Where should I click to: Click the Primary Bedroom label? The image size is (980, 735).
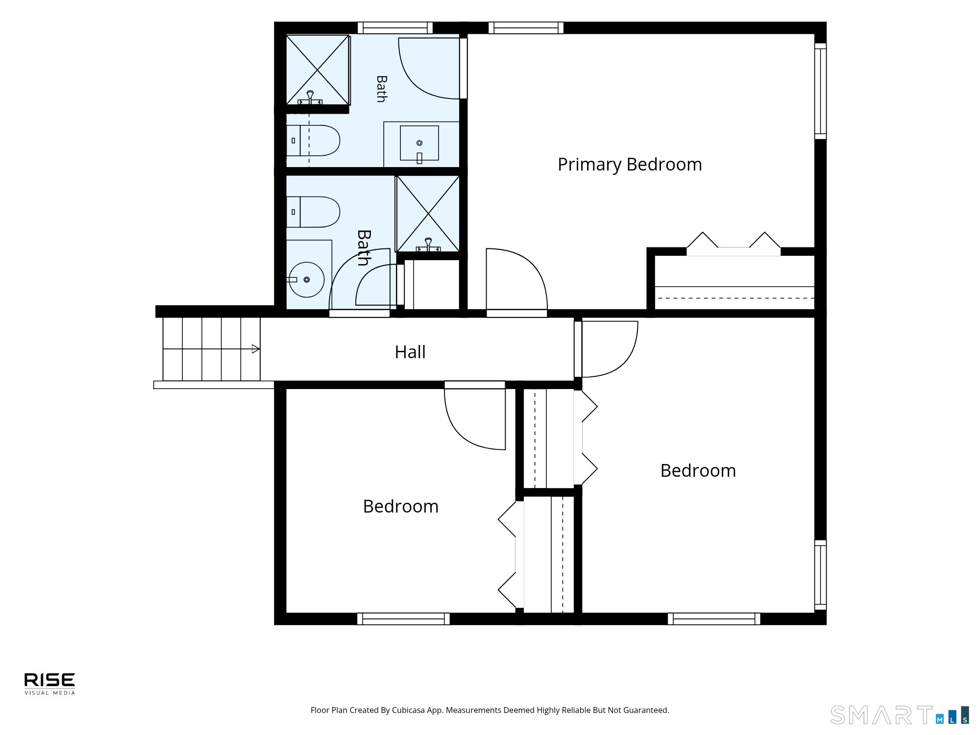point(630,165)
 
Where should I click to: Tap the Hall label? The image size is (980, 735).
point(410,352)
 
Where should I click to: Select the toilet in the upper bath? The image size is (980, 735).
point(313,141)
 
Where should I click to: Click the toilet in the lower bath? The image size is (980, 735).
point(313,212)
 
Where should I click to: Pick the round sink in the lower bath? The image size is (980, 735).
point(306,280)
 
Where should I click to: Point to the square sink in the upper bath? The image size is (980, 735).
point(419,143)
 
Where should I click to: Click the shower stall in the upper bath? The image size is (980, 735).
point(318,70)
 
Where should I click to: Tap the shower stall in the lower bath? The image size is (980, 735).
point(428,214)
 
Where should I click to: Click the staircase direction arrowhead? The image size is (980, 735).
point(256,349)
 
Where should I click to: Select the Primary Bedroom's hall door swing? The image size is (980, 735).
point(516,279)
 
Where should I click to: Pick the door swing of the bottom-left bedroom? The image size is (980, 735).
point(475,419)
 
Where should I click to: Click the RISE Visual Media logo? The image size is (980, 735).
point(50,684)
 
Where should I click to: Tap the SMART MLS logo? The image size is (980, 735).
point(900,715)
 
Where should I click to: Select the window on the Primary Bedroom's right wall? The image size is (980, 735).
point(820,91)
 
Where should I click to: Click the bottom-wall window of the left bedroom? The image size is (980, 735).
point(403,619)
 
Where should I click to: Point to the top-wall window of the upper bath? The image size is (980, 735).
point(395,28)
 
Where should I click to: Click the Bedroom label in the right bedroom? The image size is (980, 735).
point(698,470)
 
